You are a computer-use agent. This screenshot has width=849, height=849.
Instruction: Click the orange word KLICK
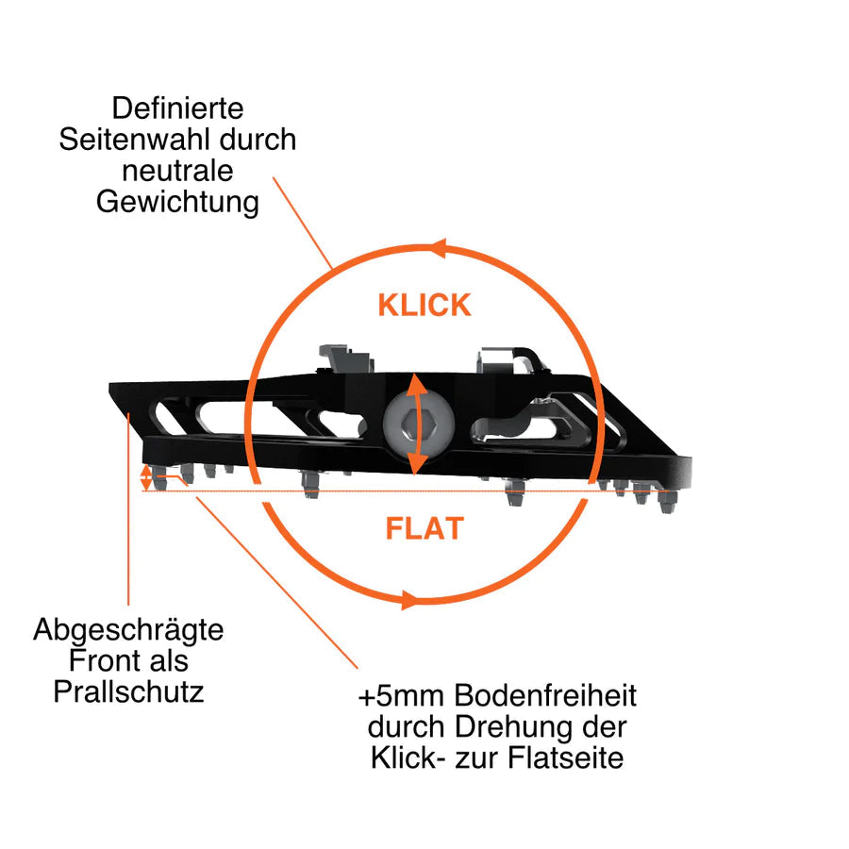424,306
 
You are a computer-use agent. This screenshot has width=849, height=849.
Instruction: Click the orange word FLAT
424,528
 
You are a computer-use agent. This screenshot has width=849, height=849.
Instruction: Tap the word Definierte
177,108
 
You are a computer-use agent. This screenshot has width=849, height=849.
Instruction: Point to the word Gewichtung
177,203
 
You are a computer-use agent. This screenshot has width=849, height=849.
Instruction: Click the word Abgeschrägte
128,630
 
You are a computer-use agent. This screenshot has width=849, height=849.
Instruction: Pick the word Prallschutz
128,691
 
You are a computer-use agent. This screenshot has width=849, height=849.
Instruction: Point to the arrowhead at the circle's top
438,249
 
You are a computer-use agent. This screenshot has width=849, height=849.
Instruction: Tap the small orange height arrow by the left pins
145,478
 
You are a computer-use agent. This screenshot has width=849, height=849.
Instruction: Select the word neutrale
177,171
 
